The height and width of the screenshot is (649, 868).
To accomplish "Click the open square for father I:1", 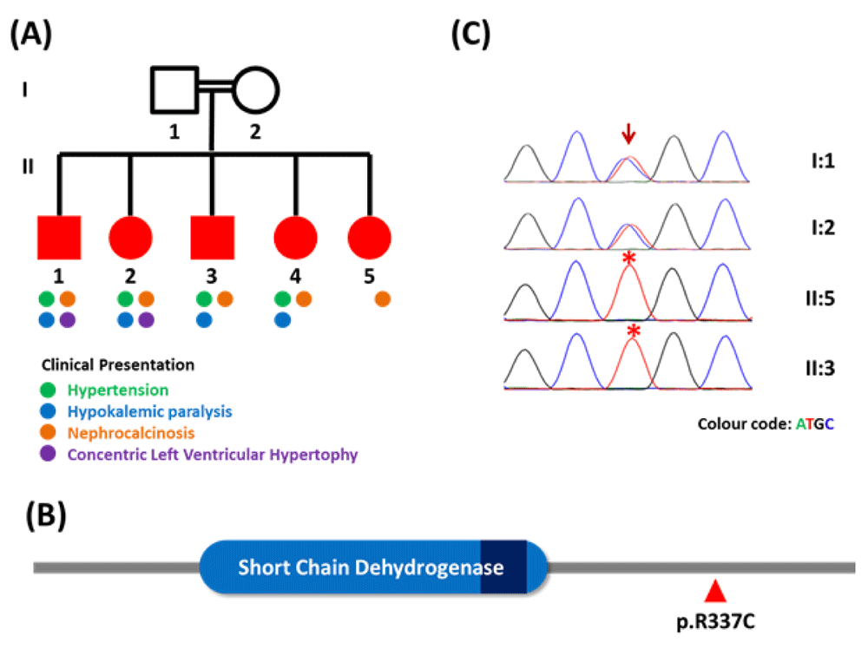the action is pyautogui.click(x=152, y=90).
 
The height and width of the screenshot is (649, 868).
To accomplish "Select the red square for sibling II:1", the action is pyautogui.click(x=59, y=238).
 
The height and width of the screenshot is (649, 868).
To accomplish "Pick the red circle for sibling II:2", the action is pyautogui.click(x=131, y=238).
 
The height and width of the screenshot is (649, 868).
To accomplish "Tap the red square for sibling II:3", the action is pyautogui.click(x=213, y=238).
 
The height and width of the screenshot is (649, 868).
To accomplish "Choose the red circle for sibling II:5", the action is pyautogui.click(x=370, y=238).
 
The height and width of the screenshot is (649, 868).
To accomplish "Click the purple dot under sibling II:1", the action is pyautogui.click(x=68, y=320).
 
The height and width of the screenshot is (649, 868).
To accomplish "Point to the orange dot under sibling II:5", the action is pyautogui.click(x=383, y=299).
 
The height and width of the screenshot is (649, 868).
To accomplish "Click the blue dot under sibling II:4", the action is pyautogui.click(x=282, y=320).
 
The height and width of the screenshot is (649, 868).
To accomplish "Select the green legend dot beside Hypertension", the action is pyautogui.click(x=48, y=390).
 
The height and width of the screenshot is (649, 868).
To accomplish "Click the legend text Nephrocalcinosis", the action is pyautogui.click(x=131, y=433).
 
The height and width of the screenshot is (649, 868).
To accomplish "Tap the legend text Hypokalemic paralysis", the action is pyautogui.click(x=149, y=411).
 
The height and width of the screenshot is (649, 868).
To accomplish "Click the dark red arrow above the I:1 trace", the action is pyautogui.click(x=628, y=134).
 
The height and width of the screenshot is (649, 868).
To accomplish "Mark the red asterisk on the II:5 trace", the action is pyautogui.click(x=628, y=258).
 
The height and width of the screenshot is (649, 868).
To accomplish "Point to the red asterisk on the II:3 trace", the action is pyautogui.click(x=634, y=331).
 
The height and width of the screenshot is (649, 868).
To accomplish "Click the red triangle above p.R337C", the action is pyautogui.click(x=715, y=591).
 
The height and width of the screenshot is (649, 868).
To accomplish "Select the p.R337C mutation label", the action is pyautogui.click(x=715, y=621).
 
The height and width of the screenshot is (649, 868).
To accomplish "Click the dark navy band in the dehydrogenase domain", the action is pyautogui.click(x=503, y=567).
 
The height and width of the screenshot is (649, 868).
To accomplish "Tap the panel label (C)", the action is pyautogui.click(x=470, y=34).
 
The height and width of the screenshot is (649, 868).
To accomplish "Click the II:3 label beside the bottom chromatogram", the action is pyautogui.click(x=820, y=368).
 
